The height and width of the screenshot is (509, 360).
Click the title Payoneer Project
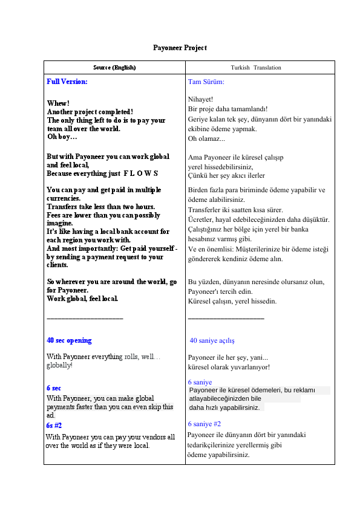coord(180,47)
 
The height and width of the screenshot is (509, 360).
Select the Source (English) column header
coord(114,67)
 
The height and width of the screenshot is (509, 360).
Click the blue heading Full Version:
coord(67,81)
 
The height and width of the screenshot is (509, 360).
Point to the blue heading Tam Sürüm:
coord(206,82)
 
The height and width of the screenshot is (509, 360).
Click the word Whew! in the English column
coord(58,103)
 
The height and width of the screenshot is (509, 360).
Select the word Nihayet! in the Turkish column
coord(200,99)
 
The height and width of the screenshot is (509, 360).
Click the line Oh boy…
coord(62,137)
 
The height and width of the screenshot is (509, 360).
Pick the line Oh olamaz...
coord(206,139)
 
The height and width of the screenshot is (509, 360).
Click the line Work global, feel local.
coord(82,299)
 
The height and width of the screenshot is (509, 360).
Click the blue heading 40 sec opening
coord(69,340)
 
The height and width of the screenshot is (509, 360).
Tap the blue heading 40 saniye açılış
coord(212,341)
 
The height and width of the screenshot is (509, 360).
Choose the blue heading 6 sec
coord(53,387)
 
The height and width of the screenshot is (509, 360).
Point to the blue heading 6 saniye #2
coord(205,424)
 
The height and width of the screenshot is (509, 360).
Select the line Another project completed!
coord(90,112)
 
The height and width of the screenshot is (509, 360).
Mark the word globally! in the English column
coord(59,365)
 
